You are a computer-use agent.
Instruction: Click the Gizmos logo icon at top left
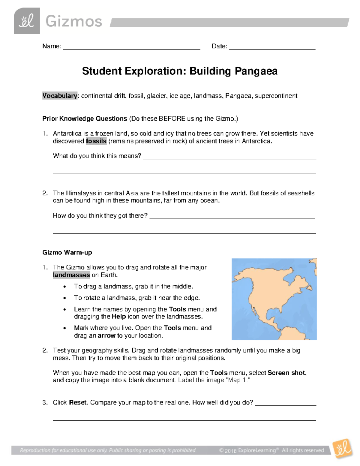[27, 21]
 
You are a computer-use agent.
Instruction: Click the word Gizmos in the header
[74, 22]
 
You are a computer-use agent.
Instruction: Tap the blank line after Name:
[131, 47]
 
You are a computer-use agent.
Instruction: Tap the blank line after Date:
[272, 47]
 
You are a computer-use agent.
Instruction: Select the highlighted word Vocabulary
[60, 96]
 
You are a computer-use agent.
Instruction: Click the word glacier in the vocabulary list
[156, 96]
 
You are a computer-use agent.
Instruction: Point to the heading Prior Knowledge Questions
[85, 119]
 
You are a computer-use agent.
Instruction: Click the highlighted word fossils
[96, 141]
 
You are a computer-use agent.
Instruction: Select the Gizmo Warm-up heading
[67, 252]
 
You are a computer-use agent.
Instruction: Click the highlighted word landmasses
[71, 275]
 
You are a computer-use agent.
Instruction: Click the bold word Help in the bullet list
[118, 317]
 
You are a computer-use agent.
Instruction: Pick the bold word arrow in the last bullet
[106, 335]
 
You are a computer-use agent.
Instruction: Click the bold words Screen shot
[286, 373]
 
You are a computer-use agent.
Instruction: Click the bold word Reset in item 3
[78, 402]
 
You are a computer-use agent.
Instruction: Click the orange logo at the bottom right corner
[342, 449]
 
